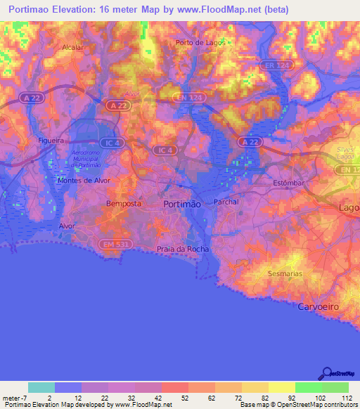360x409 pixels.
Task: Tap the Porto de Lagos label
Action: (x=199, y=42)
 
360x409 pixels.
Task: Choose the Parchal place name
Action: (x=226, y=202)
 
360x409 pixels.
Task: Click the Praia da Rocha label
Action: (x=182, y=249)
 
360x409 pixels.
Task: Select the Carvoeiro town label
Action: (x=319, y=307)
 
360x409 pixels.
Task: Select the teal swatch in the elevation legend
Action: (x=41, y=387)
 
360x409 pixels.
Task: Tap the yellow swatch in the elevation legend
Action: (x=281, y=387)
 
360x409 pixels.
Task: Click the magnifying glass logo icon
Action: (x=326, y=374)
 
